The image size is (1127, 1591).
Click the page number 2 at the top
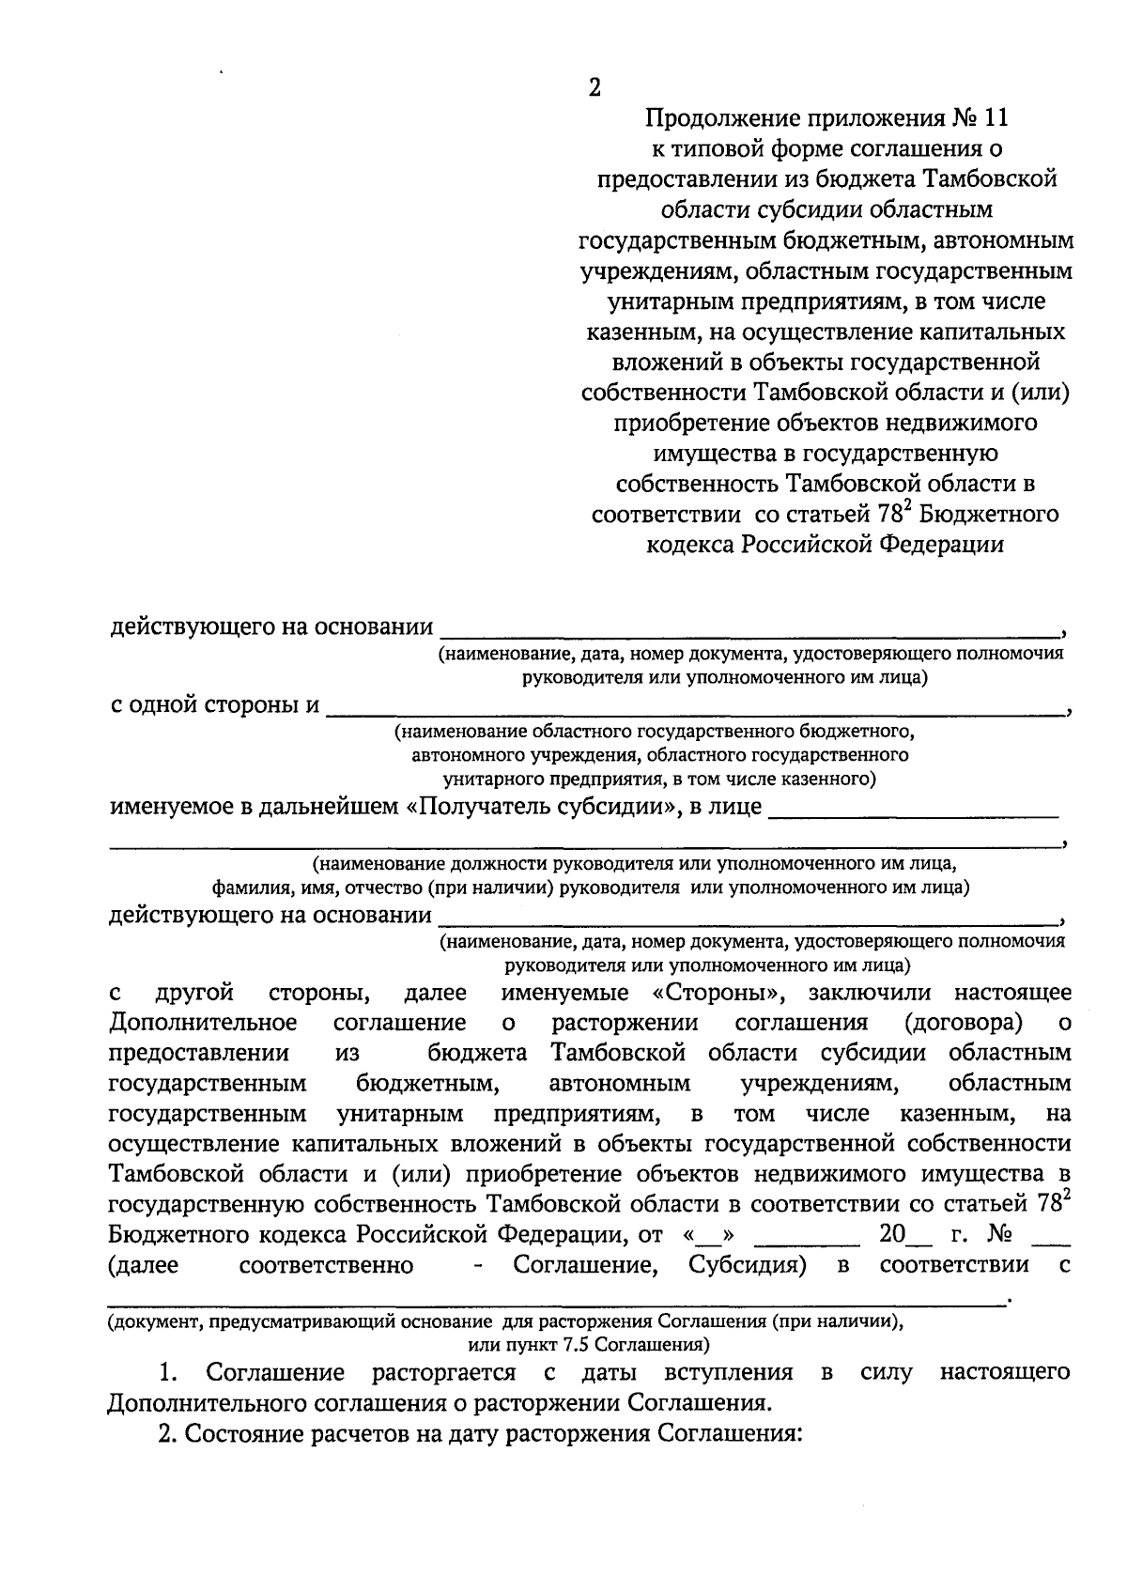pyautogui.click(x=594, y=87)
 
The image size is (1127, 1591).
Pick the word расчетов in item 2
pyautogui.click(x=368, y=1434)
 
